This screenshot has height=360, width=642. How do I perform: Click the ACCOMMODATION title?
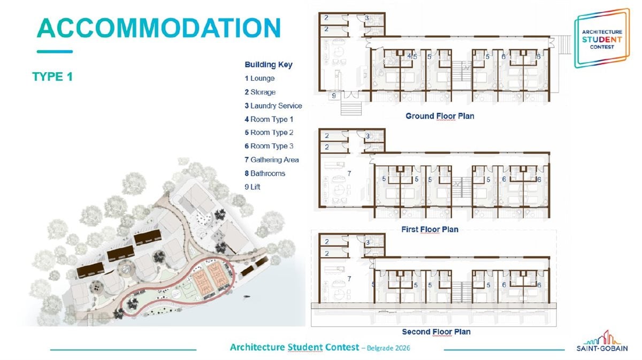(159, 28)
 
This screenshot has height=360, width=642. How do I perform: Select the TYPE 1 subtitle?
(52, 76)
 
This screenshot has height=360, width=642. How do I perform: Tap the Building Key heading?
(269, 65)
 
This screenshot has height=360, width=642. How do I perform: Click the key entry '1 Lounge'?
(259, 78)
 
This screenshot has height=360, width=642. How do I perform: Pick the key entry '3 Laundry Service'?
(273, 106)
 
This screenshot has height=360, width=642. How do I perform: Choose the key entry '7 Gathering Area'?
(272, 159)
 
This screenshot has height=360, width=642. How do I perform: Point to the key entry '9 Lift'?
(253, 187)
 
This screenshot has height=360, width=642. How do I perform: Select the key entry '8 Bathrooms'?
(265, 173)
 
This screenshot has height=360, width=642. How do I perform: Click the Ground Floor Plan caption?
(440, 116)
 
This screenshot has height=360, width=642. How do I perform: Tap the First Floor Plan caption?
(430, 229)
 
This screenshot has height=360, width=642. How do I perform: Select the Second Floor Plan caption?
(436, 332)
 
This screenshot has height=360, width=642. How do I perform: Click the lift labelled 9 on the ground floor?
(334, 96)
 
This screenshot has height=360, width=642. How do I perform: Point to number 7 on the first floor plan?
(349, 173)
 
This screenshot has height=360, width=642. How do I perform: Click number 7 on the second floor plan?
(349, 279)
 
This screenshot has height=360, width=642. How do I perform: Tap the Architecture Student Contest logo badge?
(602, 39)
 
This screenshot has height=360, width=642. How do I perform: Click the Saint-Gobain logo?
(602, 341)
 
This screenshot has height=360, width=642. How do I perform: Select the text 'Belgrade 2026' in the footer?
(388, 348)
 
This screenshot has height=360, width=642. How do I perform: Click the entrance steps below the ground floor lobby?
(351, 107)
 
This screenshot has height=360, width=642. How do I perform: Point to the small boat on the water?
(246, 297)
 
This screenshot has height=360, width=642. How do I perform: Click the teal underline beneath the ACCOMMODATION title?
(55, 51)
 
